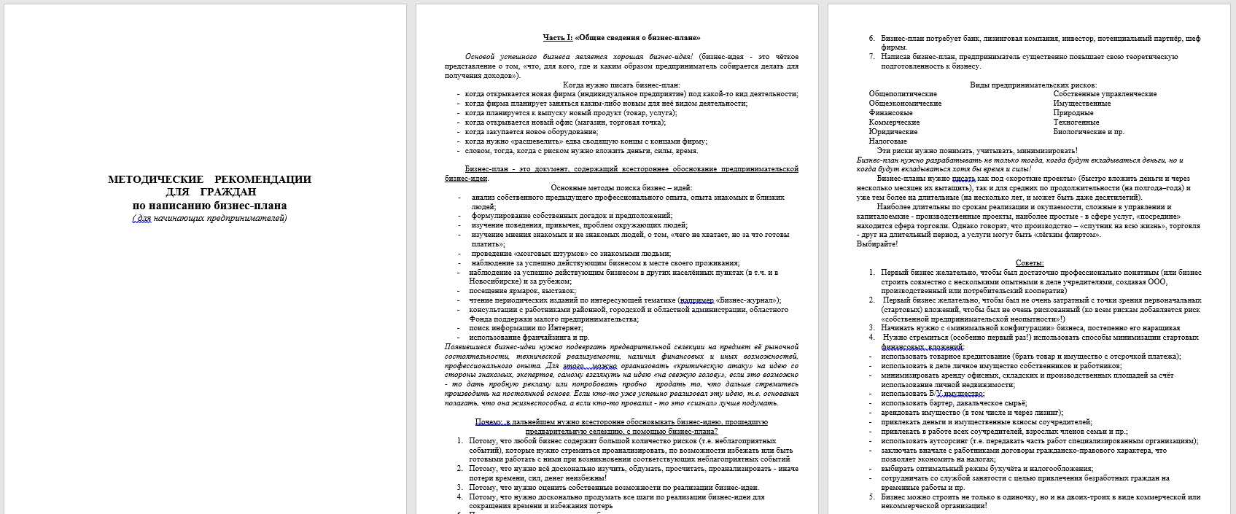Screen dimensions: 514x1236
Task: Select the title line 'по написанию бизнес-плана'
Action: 209,206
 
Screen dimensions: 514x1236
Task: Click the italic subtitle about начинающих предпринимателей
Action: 209,218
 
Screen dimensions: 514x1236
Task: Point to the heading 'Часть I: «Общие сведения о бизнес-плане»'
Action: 621,38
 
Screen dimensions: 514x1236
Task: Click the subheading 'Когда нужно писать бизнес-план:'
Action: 621,85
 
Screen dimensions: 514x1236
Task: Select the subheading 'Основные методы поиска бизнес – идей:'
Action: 621,188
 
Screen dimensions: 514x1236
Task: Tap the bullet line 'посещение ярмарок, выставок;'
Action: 522,291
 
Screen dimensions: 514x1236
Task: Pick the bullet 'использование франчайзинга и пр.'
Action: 529,338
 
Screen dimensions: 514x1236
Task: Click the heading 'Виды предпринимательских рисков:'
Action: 1033,85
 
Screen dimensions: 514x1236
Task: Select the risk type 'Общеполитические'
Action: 903,94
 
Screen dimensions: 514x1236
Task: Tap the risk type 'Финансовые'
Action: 890,113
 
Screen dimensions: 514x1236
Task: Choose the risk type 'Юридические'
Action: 893,132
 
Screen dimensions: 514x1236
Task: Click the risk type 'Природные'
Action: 1073,113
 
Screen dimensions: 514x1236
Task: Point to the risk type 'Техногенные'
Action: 1076,122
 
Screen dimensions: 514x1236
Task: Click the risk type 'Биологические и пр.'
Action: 1089,132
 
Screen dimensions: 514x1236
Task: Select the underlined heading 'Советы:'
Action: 1029,263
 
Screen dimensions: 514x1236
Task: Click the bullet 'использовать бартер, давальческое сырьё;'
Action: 953,403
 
